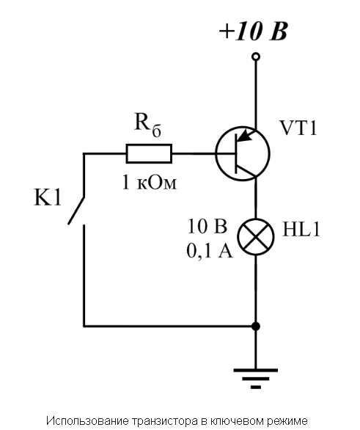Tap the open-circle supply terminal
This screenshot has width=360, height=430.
pyautogui.click(x=256, y=57)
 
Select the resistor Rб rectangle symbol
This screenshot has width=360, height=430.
pyautogui.click(x=149, y=153)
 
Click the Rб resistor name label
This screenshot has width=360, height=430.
pyautogui.click(x=147, y=125)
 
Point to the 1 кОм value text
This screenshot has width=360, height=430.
pyautogui.click(x=150, y=183)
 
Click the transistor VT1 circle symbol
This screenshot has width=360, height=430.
pyautogui.click(x=216, y=153)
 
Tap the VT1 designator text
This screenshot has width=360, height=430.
pyautogui.click(x=298, y=128)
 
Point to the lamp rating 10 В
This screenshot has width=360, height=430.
pyautogui.click(x=207, y=226)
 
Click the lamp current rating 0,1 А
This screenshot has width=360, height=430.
pyautogui.click(x=210, y=251)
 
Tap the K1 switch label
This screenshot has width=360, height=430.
pyautogui.click(x=48, y=197)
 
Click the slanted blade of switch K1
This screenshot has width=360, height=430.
pyautogui.click(x=76, y=211)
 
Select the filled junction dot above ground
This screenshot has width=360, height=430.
pyautogui.click(x=256, y=327)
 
